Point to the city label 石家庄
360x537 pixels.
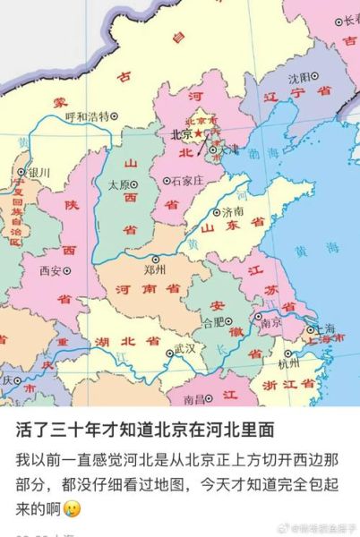(186, 180)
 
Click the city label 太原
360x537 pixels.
(119, 185)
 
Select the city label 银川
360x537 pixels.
(39, 172)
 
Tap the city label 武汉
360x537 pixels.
(184, 346)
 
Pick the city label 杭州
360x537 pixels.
(288, 363)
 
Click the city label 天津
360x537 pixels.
(230, 148)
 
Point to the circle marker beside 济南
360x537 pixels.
(217, 212)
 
